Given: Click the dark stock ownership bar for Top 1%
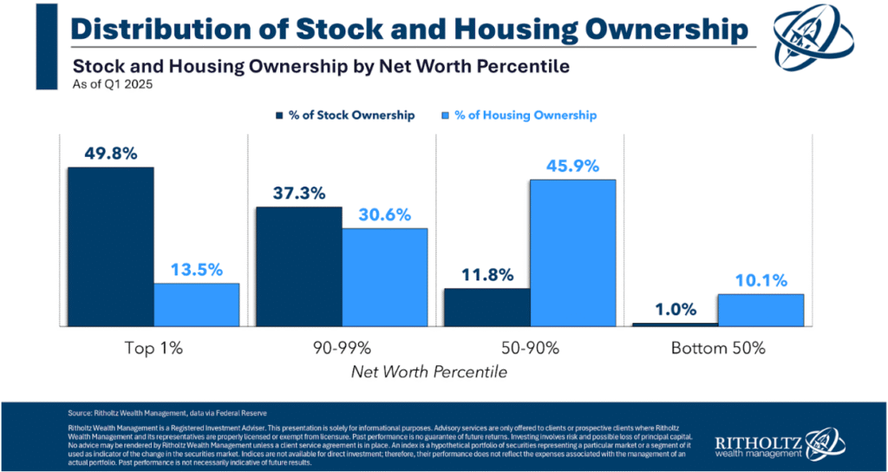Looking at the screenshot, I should tap(111, 246).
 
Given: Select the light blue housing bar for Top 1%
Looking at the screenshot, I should tap(197, 305).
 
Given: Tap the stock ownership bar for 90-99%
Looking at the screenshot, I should tap(299, 266).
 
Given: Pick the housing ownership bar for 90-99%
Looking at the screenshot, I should tap(385, 277).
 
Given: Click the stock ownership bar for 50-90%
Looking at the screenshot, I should tap(487, 307).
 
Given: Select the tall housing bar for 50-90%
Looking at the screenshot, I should tap(573, 252).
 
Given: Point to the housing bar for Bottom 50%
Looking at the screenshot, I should tap(761, 310).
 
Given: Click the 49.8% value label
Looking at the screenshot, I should tap(111, 153).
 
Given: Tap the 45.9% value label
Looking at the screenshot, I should tap(573, 165).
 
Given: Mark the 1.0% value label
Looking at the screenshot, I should tap(676, 309).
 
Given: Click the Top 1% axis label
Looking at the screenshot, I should tap(153, 349).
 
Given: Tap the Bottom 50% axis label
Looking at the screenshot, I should tap(718, 349).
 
